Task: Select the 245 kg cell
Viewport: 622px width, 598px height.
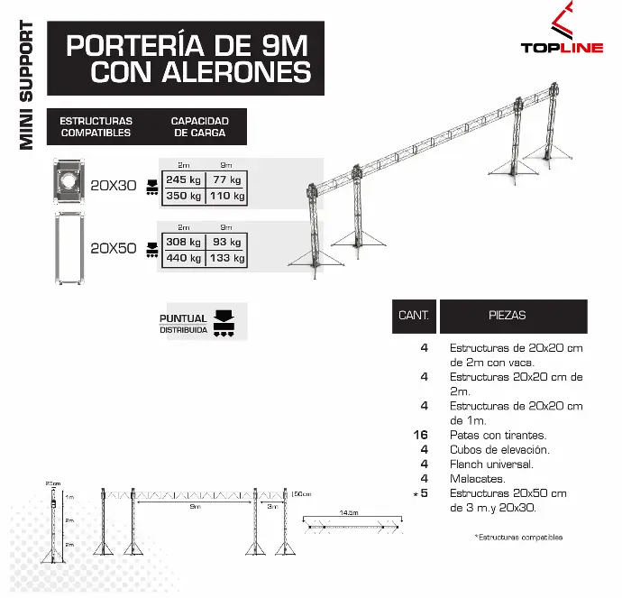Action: [x=183, y=179]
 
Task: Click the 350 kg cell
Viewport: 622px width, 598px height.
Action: [x=183, y=195]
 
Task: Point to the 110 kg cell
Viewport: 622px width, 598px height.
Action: [x=227, y=195]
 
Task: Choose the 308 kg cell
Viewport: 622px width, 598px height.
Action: [x=183, y=242]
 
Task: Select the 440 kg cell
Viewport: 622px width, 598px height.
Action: [x=183, y=258]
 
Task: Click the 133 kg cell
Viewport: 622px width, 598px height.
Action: [x=227, y=258]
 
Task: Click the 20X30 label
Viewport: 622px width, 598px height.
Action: [x=113, y=187]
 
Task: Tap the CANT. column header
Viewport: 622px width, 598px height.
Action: [x=413, y=317]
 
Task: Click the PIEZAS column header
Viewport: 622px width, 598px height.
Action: [x=508, y=317]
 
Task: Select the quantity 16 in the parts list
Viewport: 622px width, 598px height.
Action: [x=420, y=435]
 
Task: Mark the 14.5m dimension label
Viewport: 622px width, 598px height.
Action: [x=349, y=512]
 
